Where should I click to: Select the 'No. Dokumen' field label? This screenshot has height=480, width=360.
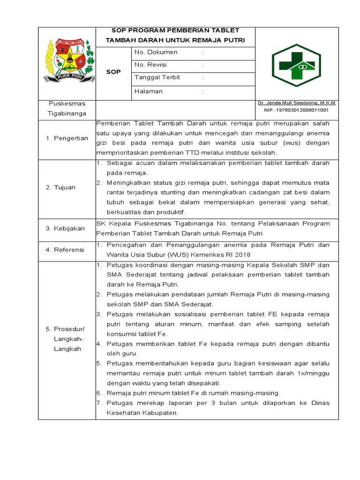click(x=156, y=52)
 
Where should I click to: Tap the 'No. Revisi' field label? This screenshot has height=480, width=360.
click(x=150, y=65)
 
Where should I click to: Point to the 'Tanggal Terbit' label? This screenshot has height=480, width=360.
click(x=157, y=77)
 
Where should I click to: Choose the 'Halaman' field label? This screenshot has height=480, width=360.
click(x=148, y=91)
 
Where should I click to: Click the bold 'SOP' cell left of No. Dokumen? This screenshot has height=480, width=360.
click(x=113, y=72)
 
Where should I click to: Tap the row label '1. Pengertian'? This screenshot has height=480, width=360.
click(x=67, y=138)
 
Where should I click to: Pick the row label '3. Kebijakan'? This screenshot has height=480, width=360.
click(x=65, y=228)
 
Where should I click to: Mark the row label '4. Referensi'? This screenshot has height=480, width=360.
click(x=65, y=250)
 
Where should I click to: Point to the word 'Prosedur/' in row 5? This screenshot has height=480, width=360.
click(x=67, y=328)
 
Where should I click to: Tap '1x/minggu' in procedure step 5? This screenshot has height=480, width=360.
click(x=313, y=373)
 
